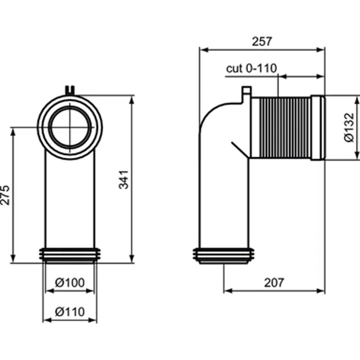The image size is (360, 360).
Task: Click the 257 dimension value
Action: pyautogui.click(x=261, y=41)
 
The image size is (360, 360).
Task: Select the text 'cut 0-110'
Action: pyautogui.click(x=251, y=68)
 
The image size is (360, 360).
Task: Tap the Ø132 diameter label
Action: pyautogui.click(x=349, y=127)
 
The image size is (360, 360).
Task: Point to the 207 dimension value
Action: pyautogui.click(x=274, y=282)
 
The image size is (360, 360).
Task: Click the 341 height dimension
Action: pyautogui.click(x=123, y=179)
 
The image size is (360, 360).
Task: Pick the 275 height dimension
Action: pyautogui.click(x=5, y=195)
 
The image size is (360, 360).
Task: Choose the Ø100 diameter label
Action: pyautogui.click(x=70, y=283)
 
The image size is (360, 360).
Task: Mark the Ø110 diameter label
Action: pyautogui.click(x=70, y=311)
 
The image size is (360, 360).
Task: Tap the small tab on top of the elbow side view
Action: pyautogui.click(x=246, y=93)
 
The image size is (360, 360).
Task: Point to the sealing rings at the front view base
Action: pyautogui.click(x=70, y=255)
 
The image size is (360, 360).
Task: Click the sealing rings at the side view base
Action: pyautogui.click(x=223, y=255)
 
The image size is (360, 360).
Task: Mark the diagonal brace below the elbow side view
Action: pyautogui.click(x=238, y=149)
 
